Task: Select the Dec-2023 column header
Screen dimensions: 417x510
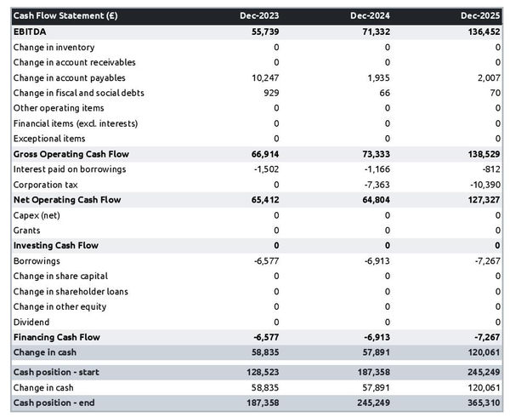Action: (258, 15)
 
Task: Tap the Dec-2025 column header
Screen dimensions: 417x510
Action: (481, 15)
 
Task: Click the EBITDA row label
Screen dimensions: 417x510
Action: (31, 31)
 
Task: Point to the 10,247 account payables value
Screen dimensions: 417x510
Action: (262, 77)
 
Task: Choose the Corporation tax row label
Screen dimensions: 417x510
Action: (45, 184)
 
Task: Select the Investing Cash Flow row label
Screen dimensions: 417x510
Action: (55, 245)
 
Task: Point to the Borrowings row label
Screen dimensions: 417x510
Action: (37, 260)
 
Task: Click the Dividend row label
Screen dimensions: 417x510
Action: (31, 322)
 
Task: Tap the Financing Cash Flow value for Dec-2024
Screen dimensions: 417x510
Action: (375, 337)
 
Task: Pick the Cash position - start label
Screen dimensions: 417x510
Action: (56, 372)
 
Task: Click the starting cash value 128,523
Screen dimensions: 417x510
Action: (260, 372)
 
